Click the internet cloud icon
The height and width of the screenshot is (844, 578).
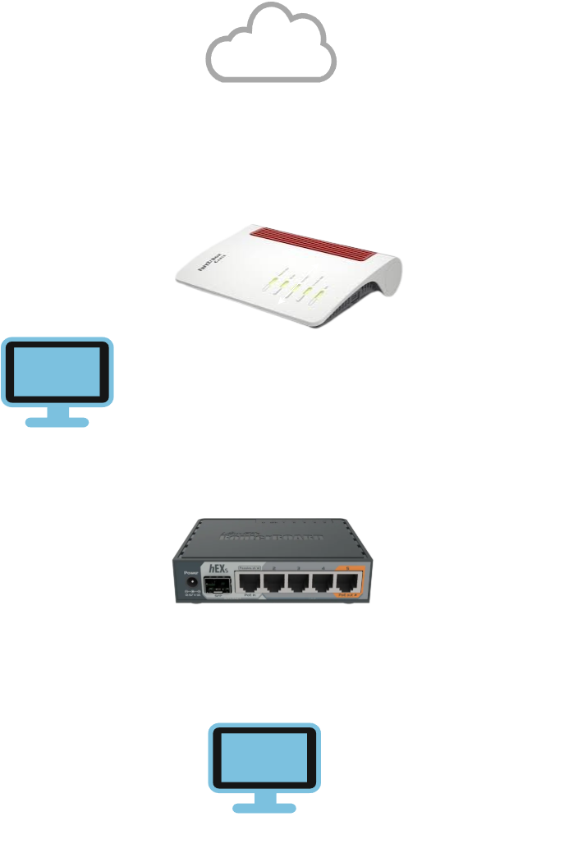tap(271, 45)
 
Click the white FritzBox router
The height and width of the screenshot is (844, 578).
tap(291, 279)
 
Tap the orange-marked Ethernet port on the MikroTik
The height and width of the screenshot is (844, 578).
tap(348, 584)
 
